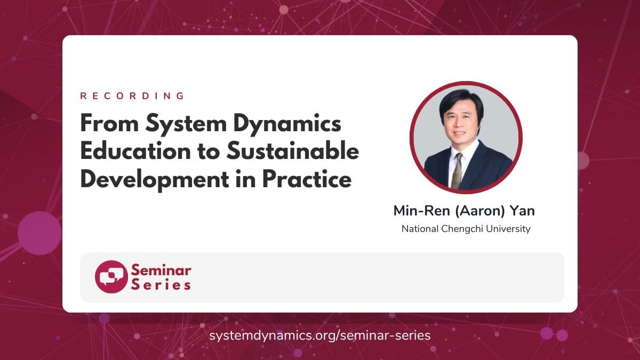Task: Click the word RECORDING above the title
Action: pos(132,96)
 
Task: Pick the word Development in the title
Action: pos(155,180)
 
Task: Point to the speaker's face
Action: pos(461,122)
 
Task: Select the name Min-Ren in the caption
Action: pos(422,211)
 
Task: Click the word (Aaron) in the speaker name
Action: pos(480,211)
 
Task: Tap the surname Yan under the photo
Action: pos(523,211)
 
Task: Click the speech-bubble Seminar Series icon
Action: pos(111,277)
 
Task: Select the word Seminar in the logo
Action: pos(161,270)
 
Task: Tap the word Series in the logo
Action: pos(161,285)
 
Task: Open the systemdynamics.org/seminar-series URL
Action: pos(319,335)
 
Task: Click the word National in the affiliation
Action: pos(420,229)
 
